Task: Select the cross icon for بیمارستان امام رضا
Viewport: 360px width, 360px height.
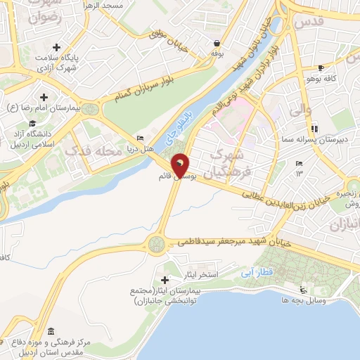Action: (44, 97)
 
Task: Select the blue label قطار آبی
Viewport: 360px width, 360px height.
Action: (250, 269)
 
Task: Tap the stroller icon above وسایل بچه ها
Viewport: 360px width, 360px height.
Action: (303, 290)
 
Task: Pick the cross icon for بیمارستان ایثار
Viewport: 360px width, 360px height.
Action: (165, 281)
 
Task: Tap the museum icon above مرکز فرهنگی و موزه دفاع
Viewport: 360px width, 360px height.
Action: (50, 331)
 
